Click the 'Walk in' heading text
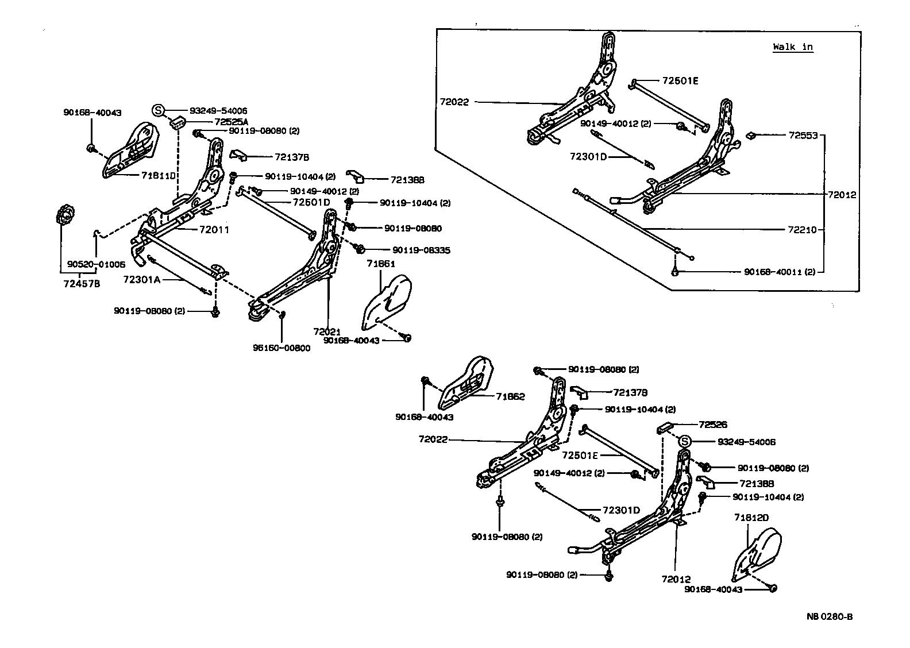[793, 47]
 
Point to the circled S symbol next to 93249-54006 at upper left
[159, 110]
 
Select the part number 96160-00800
[282, 348]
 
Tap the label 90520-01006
[96, 264]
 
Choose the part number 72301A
[141, 279]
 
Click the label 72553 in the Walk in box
[803, 136]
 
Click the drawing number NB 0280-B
[829, 617]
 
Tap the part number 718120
[751, 517]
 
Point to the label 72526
[713, 425]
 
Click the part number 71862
[511, 396]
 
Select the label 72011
[214, 230]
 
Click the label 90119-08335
[421, 250]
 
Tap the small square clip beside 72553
[750, 136]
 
